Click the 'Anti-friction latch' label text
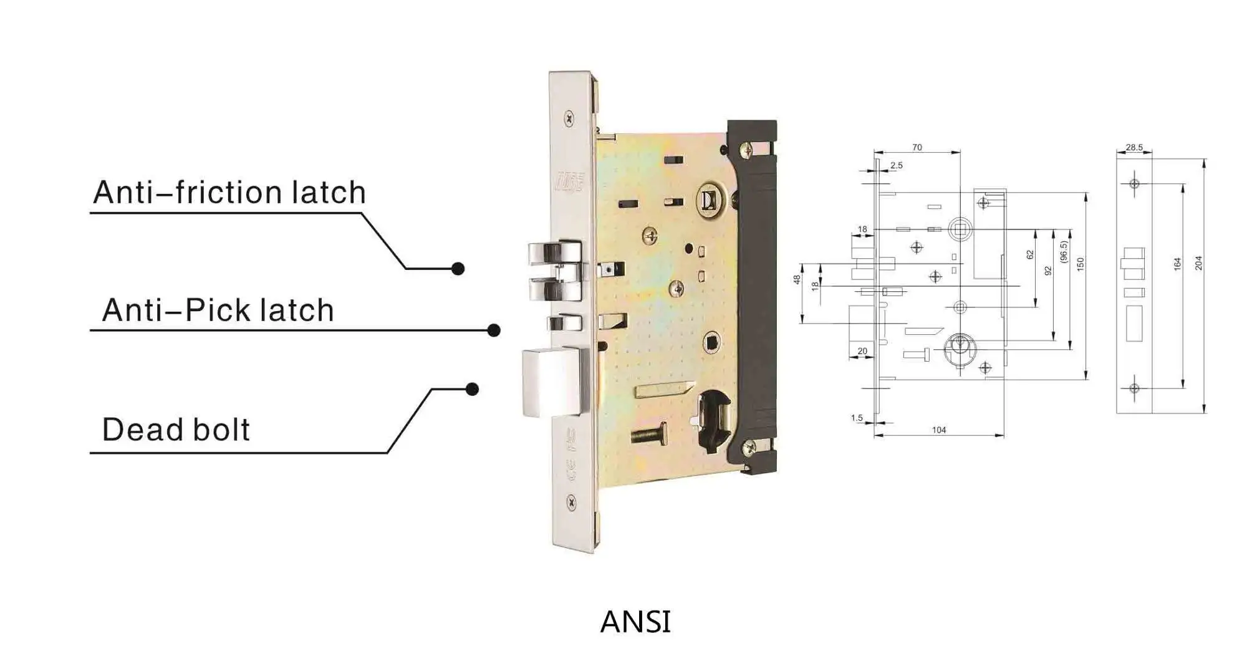click(x=229, y=192)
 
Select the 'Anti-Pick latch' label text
click(x=218, y=310)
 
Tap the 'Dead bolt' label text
click(x=176, y=430)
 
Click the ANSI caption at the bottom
click(x=635, y=622)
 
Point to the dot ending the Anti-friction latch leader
click(x=458, y=269)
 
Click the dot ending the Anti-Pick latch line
click(x=494, y=330)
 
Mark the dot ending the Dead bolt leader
click(x=473, y=389)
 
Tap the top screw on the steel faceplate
click(x=569, y=118)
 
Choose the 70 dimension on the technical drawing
click(x=917, y=148)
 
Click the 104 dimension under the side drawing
click(x=939, y=430)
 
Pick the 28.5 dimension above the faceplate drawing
click(x=1134, y=148)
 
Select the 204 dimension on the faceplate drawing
click(x=1198, y=263)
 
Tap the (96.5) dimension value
click(x=1064, y=252)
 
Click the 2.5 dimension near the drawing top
click(x=897, y=165)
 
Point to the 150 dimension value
click(x=1081, y=264)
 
